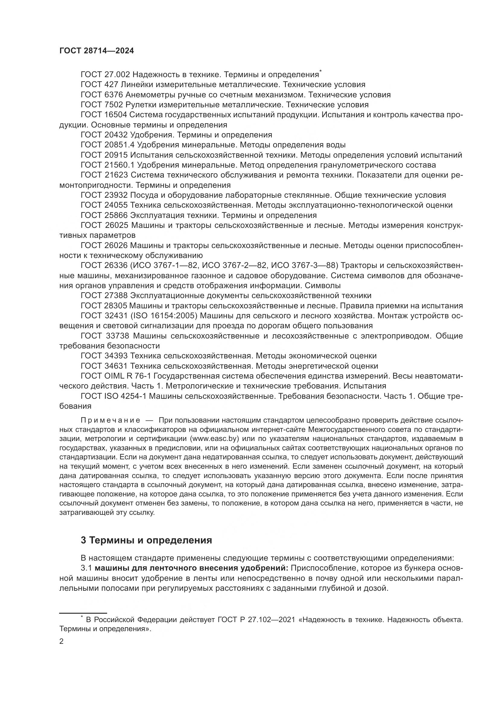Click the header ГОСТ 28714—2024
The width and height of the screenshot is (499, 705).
[x=97, y=51]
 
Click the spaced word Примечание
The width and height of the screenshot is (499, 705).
[x=111, y=420]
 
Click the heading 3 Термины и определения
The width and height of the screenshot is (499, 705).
[x=146, y=540]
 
